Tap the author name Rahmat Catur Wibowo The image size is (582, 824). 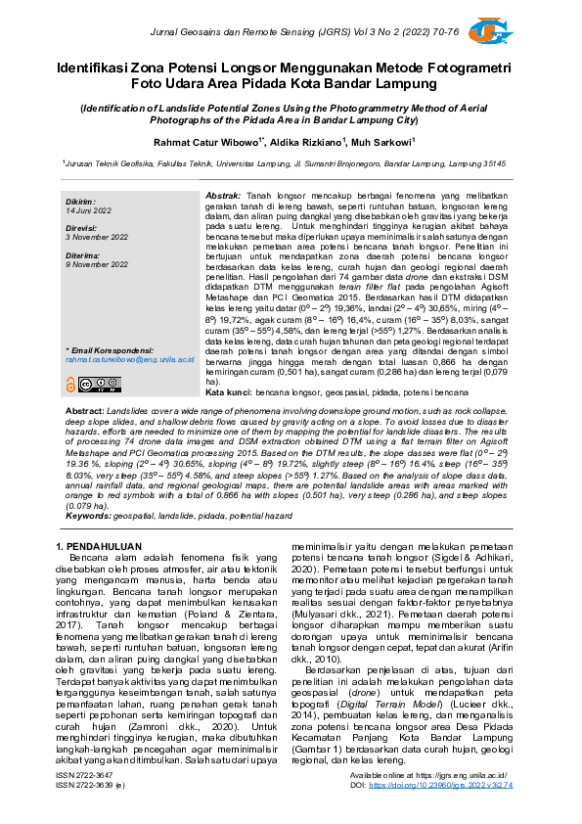pyautogui.click(x=208, y=142)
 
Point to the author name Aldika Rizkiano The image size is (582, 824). pyautogui.click(x=306, y=142)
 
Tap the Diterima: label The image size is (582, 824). pyautogui.click(x=84, y=253)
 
